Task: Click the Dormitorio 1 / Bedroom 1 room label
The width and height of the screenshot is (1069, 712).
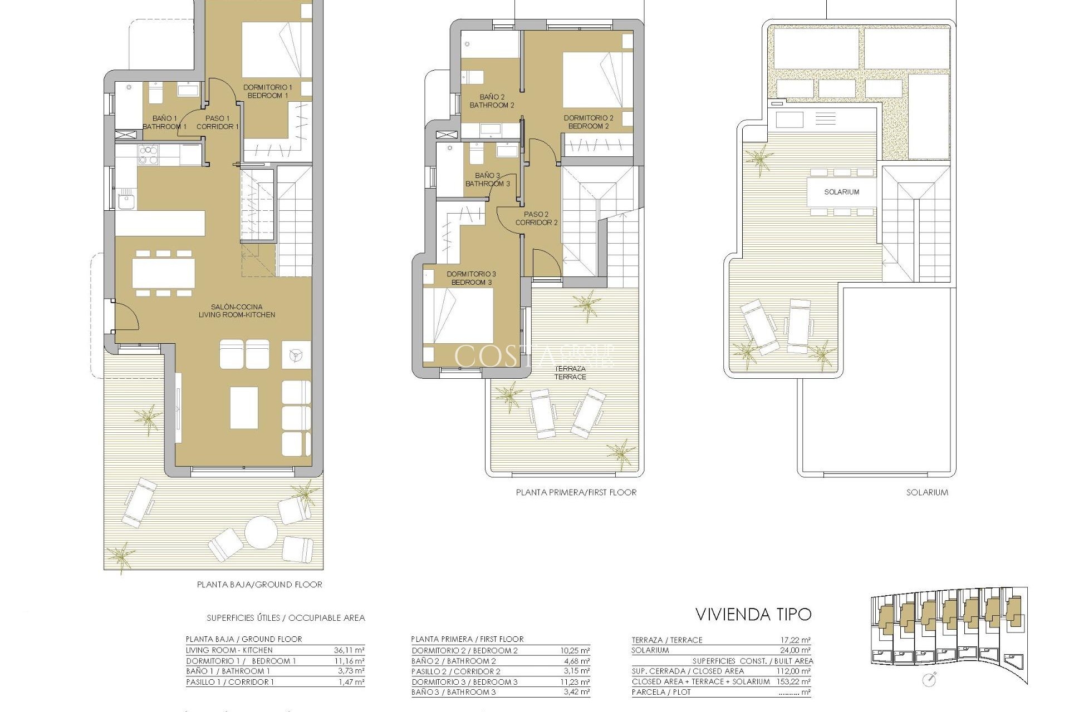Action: tap(267, 91)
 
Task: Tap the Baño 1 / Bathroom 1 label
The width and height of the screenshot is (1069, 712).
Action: tap(164, 122)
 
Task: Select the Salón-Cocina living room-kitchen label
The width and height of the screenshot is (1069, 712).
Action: tap(237, 310)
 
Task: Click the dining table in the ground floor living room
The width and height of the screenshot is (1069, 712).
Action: tap(163, 273)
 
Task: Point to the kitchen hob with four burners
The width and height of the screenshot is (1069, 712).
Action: tap(148, 155)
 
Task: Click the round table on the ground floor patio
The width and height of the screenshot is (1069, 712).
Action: tap(261, 532)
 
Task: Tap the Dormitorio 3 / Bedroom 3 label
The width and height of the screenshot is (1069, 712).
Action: tap(471, 278)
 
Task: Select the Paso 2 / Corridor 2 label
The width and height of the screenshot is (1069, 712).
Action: tap(536, 218)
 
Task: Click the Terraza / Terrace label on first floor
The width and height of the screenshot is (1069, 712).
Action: tap(570, 373)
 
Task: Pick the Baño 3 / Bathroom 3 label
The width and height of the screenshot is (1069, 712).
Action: tap(487, 179)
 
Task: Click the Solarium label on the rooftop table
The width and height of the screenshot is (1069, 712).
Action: tap(841, 192)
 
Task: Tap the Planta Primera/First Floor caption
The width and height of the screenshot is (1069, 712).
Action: tap(576, 492)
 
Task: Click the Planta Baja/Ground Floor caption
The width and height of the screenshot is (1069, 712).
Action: tap(259, 585)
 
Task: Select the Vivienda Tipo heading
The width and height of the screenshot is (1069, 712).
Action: tap(753, 614)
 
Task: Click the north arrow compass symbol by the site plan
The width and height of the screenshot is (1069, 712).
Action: tap(928, 679)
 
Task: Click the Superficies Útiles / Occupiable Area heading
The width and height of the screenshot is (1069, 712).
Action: tap(286, 618)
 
